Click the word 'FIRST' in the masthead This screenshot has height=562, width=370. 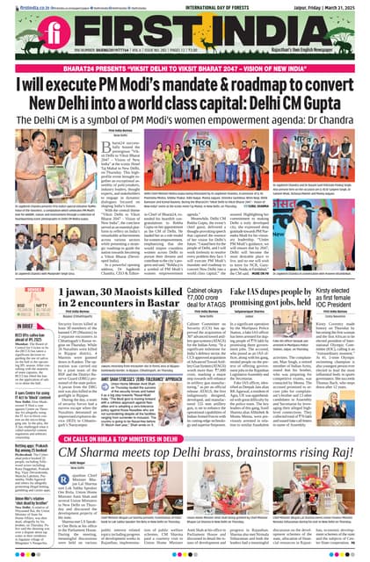176,38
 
